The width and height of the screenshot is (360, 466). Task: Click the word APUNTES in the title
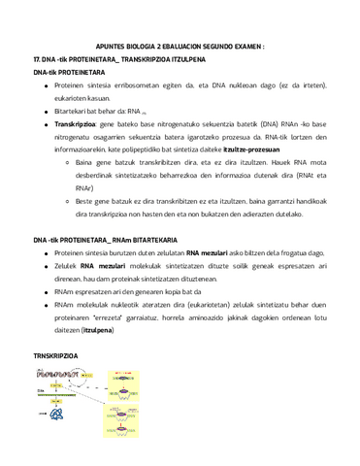pyautogui.click(x=113, y=46)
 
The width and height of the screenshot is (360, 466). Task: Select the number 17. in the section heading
pyautogui.click(x=38, y=59)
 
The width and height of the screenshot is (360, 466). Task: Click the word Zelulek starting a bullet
pyautogui.click(x=66, y=264)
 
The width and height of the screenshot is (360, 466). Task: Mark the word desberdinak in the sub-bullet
pyautogui.click(x=92, y=176)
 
